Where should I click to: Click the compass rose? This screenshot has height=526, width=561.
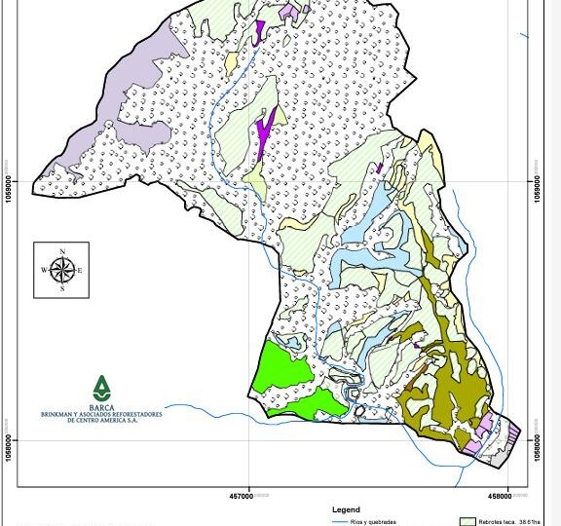point(61,270)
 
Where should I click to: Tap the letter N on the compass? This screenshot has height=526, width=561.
point(62,252)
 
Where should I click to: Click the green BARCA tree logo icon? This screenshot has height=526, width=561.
point(101,388)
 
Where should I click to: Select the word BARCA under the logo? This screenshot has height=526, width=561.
point(101,407)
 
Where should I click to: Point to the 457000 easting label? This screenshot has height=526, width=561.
point(242,496)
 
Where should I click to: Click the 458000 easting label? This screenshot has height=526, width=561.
point(499,496)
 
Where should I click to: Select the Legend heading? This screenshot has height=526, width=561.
point(346,509)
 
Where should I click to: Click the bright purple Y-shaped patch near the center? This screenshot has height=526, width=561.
point(264,132)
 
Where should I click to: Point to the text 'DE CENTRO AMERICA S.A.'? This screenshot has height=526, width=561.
point(101,420)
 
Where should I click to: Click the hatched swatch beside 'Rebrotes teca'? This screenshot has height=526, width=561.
point(467,522)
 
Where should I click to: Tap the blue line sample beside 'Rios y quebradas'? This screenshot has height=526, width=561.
point(340,522)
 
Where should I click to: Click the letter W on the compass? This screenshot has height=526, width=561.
point(44,270)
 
